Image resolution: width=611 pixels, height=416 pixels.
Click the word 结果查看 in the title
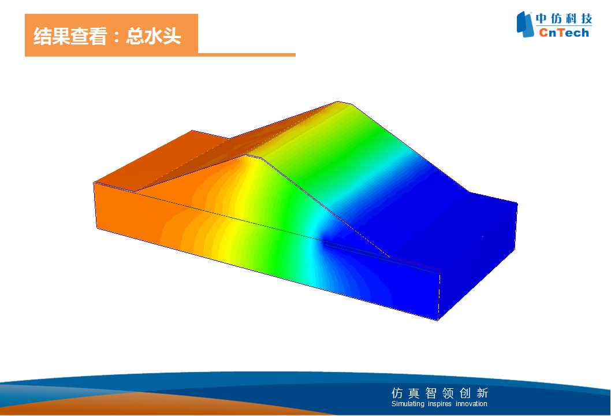coord(70,36)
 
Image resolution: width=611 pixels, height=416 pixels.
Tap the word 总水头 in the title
coord(154,36)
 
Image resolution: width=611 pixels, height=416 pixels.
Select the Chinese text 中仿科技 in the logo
coord(564,18)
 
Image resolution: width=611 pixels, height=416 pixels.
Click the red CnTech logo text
coord(564,32)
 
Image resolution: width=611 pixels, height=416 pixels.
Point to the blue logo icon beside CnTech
coord(525,24)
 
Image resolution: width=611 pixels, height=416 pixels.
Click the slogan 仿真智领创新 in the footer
coord(439,393)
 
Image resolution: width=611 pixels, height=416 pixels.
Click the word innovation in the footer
coord(471,404)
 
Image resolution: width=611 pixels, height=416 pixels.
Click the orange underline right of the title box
coord(247,55)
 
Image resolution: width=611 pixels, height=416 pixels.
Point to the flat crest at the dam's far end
coord(344,103)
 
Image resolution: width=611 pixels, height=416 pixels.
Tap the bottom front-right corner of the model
coord(438,320)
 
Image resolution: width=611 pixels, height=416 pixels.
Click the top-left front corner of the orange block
coord(94,183)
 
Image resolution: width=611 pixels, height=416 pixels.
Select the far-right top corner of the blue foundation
coord(517,203)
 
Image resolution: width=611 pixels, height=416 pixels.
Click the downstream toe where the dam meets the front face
coord(390,258)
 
